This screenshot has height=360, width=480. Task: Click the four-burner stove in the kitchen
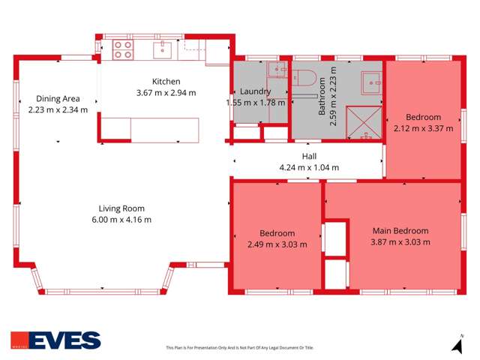[122, 49]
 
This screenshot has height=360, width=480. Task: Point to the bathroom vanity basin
[369, 81]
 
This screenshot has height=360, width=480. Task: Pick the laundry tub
[277, 72]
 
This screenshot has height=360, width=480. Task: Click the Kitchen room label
[166, 82]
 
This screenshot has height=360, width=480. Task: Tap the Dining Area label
[58, 98]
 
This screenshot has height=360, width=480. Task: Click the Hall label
[309, 156]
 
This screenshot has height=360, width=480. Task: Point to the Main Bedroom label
[400, 231]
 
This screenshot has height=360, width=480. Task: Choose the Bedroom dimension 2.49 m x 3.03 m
[277, 244]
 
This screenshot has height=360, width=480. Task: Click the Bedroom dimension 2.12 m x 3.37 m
[424, 128]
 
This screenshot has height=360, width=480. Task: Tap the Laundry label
[257, 92]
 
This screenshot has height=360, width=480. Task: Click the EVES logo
[55, 340]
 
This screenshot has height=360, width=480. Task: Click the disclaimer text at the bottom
[239, 348]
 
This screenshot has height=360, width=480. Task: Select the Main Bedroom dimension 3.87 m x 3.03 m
[400, 241]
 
